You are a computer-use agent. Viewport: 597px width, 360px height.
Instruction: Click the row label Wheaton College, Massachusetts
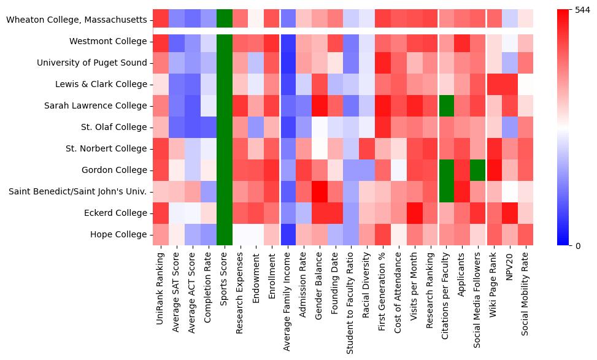click(77, 20)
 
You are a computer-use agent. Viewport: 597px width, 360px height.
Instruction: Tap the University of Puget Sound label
click(92, 63)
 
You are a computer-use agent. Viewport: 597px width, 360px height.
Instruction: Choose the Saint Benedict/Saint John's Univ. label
click(77, 192)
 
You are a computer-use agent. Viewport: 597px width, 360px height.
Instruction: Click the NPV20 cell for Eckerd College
click(509, 213)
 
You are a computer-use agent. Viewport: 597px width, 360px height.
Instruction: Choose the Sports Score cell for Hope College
click(225, 235)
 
